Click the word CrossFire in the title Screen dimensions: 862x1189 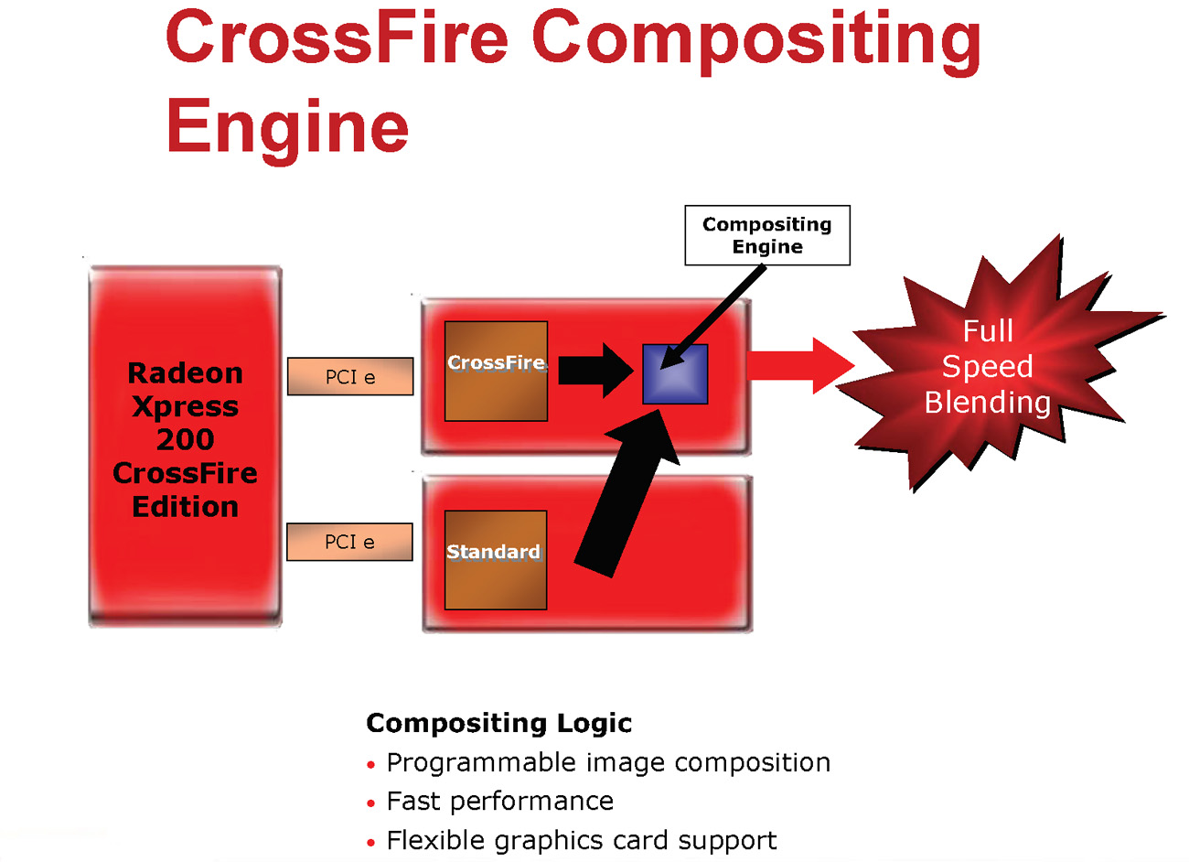click(336, 38)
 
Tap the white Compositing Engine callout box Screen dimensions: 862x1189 click(766, 235)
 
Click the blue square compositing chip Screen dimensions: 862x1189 click(675, 374)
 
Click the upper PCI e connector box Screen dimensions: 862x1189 click(350, 376)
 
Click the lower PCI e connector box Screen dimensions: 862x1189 click(349, 542)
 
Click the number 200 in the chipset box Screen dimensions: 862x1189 click(185, 439)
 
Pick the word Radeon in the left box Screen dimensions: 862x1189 click(185, 373)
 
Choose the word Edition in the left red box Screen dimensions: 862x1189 click(185, 507)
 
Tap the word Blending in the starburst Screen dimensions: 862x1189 click(987, 403)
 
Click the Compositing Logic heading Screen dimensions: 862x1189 click(498, 723)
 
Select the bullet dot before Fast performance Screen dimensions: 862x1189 click(370, 803)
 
